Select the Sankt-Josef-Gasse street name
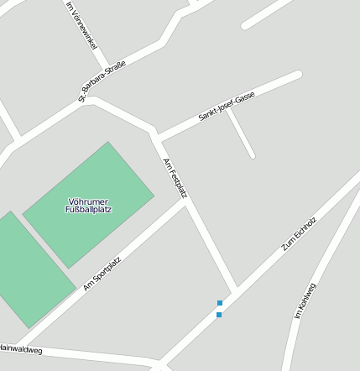pyautogui.click(x=227, y=108)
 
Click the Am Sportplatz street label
pyautogui.click(x=102, y=274)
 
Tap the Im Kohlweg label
pyautogui.click(x=305, y=300)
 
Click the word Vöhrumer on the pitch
pyautogui.click(x=88, y=201)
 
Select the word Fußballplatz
pyautogui.click(x=88, y=209)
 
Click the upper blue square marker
pyautogui.click(x=220, y=302)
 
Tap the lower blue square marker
pyautogui.click(x=219, y=315)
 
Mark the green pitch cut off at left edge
pyautogui.click(x=25, y=269)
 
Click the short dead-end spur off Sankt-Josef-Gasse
pyautogui.click(x=242, y=134)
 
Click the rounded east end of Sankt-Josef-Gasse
pyautogui.click(x=296, y=76)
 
